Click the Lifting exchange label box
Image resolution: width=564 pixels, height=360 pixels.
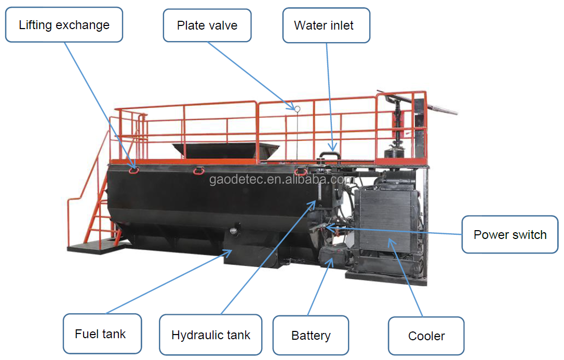coord(64,24)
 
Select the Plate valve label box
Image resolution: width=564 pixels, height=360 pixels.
coord(207,25)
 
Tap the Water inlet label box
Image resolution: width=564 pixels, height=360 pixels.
coord(326,25)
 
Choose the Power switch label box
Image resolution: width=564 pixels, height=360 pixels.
coord(510,234)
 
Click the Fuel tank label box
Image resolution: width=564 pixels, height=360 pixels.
coord(102,334)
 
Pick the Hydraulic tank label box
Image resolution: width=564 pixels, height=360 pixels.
coord(211,335)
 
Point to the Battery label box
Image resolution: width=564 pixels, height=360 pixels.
coord(311,336)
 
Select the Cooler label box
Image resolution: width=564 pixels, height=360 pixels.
coord(426,336)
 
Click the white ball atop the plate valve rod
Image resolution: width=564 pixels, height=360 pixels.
coord(298,109)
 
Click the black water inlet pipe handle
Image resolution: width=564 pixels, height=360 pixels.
coord(329,155)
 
